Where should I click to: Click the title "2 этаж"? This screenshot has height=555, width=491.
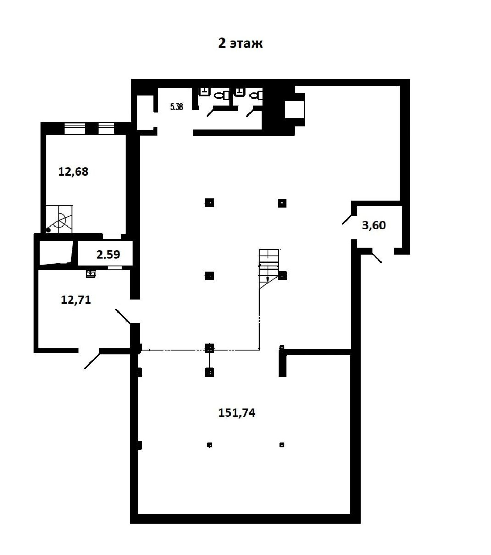coord(240,43)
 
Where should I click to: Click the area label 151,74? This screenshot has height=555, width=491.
coord(237,412)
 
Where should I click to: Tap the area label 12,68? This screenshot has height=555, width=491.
coord(73,171)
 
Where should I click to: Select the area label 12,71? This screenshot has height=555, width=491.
coord(76,299)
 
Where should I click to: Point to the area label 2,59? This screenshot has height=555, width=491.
coord(108,255)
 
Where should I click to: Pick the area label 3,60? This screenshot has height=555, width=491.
coord(374,225)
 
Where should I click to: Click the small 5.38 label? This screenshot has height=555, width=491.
coord(176,107)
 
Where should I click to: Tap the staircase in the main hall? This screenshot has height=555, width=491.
coord(269,269)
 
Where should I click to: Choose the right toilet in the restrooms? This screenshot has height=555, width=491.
coord(256,95)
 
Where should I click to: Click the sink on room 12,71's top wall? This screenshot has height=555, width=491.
coord(91,274)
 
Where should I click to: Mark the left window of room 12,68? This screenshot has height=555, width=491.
coord(75,128)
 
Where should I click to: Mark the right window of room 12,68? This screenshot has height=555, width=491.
coord(106,128)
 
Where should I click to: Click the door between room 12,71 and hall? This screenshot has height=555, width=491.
coord(123,316)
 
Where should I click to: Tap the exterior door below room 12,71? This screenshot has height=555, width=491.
coord(92,360)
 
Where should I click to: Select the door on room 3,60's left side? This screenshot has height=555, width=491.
coord(348,219)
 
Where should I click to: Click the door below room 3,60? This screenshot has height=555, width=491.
coord(376,256)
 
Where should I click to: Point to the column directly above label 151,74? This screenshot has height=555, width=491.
coord(209,372)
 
